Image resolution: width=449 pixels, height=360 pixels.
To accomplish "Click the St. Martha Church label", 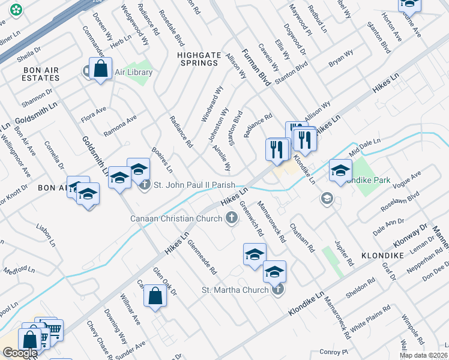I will click(x=235, y=291).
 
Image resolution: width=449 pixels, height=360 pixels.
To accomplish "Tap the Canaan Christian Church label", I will click(x=176, y=218).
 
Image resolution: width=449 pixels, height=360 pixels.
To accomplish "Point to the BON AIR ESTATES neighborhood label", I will click(x=41, y=74).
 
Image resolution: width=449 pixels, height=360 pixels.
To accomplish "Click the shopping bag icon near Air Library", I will click(x=101, y=69).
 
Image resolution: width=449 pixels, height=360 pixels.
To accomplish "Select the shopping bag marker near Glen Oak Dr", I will click(x=155, y=296).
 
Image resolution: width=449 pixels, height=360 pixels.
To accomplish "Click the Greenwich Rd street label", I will click(x=252, y=217).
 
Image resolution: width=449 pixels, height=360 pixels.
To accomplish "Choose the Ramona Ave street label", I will click(x=120, y=127).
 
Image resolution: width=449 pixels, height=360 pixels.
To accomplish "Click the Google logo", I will click(x=19, y=353).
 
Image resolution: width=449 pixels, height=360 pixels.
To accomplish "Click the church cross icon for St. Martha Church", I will click(x=277, y=290).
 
